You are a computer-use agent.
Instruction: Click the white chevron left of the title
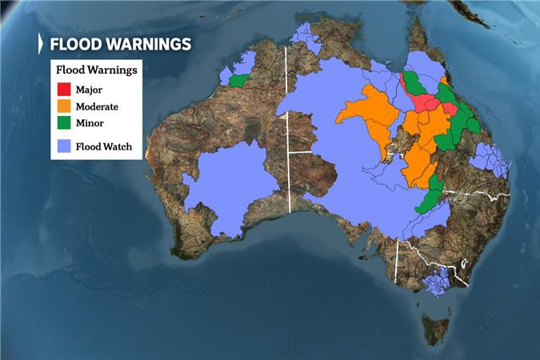tap(42, 44)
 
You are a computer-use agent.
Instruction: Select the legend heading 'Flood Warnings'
tap(95, 70)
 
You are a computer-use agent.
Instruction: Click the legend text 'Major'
tap(90, 88)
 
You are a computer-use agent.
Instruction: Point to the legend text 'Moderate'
tap(98, 106)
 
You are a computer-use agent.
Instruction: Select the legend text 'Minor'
tap(90, 123)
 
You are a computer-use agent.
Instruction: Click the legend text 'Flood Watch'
tap(103, 146)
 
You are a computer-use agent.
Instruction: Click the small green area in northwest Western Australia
tap(238, 81)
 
